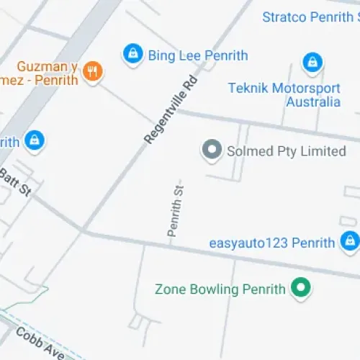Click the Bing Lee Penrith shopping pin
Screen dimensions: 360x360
pos(132,54)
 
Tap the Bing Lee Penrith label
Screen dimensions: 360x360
pos(198,55)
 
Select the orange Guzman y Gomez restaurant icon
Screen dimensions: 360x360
pos(92,71)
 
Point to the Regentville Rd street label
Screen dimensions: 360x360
pos(171,107)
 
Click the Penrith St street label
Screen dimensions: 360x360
pos(175,210)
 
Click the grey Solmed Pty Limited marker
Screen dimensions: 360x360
pos(211,150)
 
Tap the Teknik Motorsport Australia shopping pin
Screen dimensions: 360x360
pos(312,63)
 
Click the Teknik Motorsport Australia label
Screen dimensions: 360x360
pos(284,94)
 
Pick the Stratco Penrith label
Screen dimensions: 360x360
pos(310,17)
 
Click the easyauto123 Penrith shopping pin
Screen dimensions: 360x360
pos(350,240)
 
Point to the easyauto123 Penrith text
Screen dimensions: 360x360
pos(272,243)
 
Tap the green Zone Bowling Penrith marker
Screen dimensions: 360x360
pos(300,289)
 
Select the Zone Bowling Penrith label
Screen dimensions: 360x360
pos(220,290)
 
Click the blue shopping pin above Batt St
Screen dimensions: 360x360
pos(32,141)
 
